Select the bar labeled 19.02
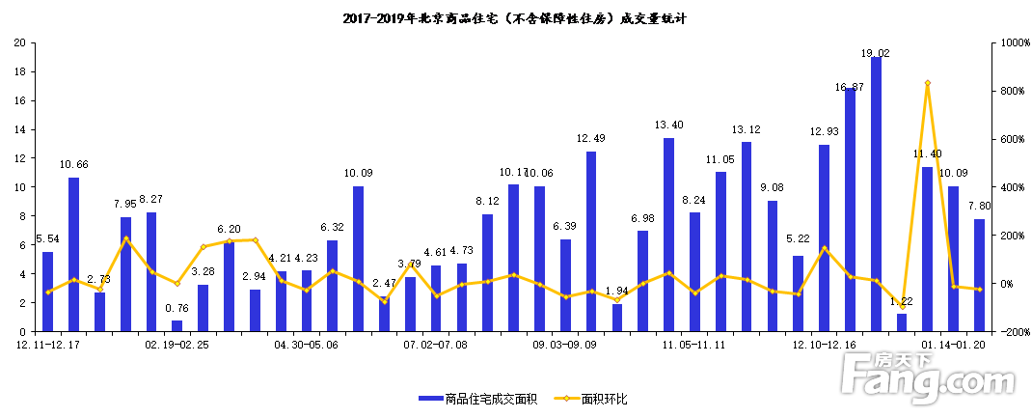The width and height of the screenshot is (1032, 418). pyautogui.click(x=876, y=194)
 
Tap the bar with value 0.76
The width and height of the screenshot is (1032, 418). pyautogui.click(x=177, y=325)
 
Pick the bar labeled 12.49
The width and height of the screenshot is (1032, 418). pyautogui.click(x=591, y=241)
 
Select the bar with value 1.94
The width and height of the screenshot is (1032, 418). pyautogui.click(x=617, y=318)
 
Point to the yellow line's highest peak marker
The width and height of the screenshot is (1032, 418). pyautogui.click(x=927, y=83)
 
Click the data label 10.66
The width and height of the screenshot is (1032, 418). pyautogui.click(x=73, y=165)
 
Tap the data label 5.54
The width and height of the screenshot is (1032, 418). pyautogui.click(x=47, y=238)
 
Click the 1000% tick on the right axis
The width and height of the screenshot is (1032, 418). pyautogui.click(x=1013, y=43)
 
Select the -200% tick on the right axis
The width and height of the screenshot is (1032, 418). pyautogui.click(x=1013, y=332)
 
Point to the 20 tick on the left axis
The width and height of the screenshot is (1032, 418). pyautogui.click(x=19, y=43)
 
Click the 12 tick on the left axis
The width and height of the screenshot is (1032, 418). pyautogui.click(x=19, y=158)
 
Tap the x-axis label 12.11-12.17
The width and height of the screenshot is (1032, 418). pyautogui.click(x=47, y=344)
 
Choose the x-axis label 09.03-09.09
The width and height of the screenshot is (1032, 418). pyautogui.click(x=565, y=344)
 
